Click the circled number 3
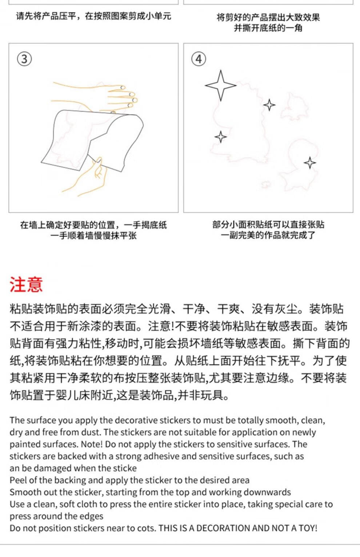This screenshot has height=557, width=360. coord(24,59)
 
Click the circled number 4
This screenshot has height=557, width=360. coord(199,59)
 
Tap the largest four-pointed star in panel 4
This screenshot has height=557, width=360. coord(220,85)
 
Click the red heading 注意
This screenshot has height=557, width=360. coord(26,284)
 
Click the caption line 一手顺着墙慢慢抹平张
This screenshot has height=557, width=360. coord(93,236)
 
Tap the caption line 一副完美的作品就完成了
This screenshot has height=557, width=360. coord(268,235)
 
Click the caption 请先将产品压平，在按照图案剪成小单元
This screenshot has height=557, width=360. coord(93,16)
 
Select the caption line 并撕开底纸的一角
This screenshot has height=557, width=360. coord(268,28)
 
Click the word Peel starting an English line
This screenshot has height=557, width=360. coord(18,480)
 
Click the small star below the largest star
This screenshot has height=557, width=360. coord(220,137)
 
